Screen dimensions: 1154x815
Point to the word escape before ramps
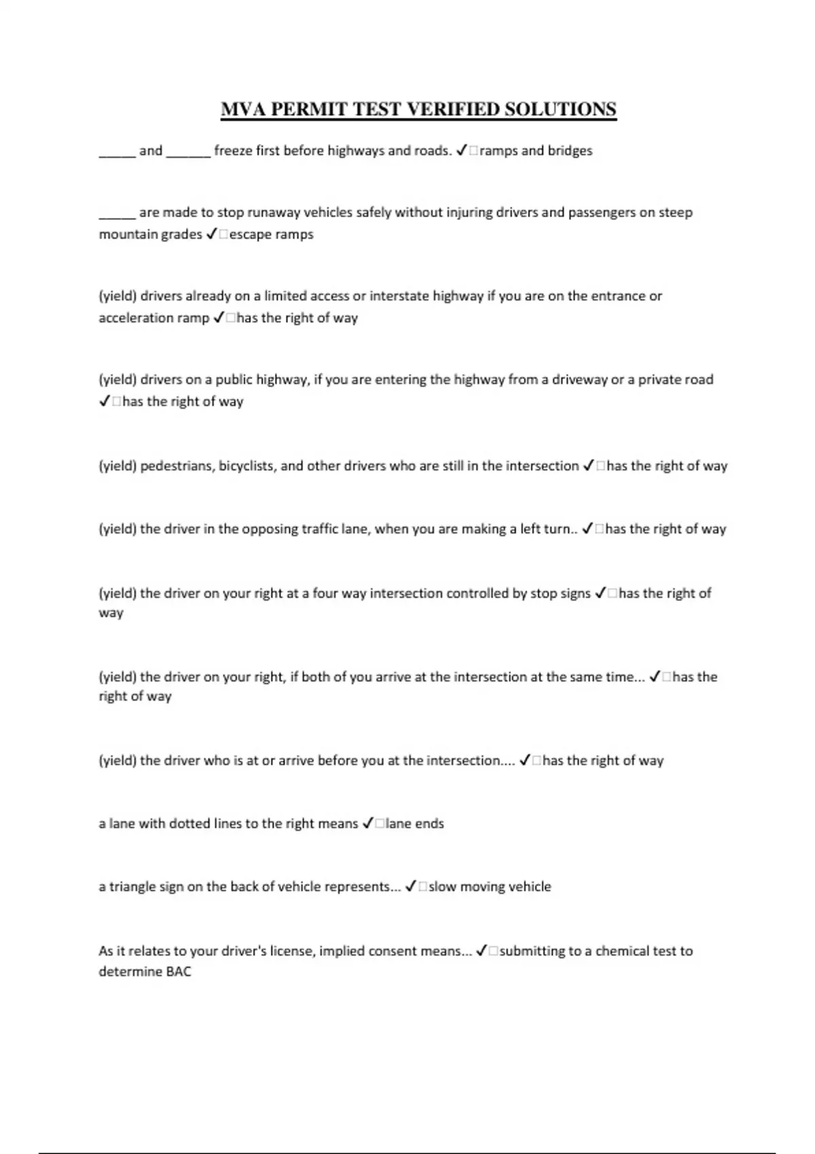[249, 234]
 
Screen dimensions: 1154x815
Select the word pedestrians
[176, 466]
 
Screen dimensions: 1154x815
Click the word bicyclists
[247, 466]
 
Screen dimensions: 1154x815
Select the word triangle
[132, 887]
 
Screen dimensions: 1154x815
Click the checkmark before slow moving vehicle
[410, 887]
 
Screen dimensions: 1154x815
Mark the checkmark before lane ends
[367, 823]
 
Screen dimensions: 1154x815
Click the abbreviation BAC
[179, 971]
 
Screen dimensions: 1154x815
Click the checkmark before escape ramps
[211, 234]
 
